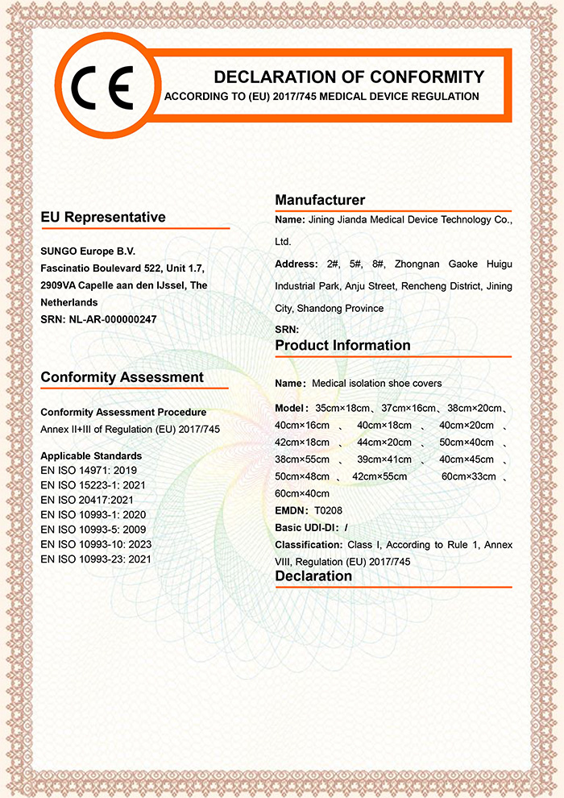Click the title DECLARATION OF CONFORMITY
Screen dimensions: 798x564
349,77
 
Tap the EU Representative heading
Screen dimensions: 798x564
103,217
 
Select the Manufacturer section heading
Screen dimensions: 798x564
320,200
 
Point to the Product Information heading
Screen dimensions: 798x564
342,345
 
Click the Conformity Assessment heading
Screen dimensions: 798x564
122,377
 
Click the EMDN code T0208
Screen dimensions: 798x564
328,509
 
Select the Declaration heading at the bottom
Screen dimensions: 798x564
313,576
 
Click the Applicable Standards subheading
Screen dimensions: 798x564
91,455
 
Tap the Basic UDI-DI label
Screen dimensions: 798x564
306,527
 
